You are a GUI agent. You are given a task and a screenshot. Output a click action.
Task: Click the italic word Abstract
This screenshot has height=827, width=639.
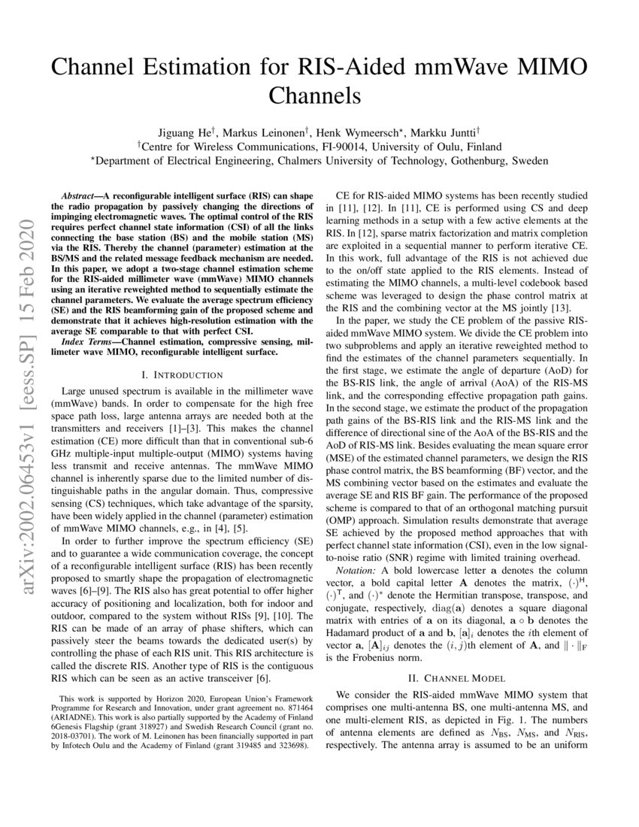coord(80,193)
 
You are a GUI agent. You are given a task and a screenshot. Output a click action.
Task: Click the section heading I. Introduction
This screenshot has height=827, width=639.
coord(182,374)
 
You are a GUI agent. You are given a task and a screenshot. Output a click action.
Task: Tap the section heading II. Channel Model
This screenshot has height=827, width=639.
coord(456,677)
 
